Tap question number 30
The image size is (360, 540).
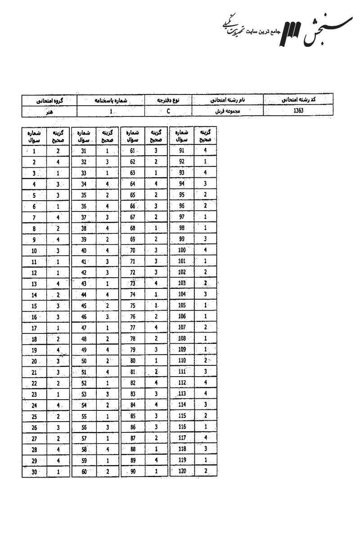34,472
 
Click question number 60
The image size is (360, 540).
83,472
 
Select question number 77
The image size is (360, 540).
132,328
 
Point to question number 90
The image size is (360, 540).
132,472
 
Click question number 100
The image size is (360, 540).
182,250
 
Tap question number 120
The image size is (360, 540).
182,471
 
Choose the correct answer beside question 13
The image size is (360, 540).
58,283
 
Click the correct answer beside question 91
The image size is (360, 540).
205,151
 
